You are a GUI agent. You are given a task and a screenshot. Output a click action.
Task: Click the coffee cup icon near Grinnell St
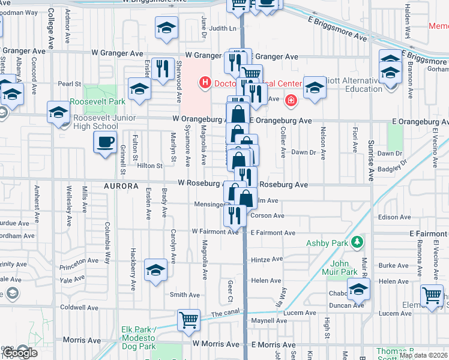(106, 142)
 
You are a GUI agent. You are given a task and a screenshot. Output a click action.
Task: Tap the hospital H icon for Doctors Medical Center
(205, 82)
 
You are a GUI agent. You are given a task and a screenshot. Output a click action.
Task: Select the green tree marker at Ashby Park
(357, 242)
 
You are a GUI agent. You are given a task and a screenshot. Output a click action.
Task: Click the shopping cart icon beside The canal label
(188, 319)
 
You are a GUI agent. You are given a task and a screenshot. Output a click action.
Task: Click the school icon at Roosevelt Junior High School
(59, 112)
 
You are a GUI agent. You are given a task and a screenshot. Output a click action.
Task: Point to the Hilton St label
(150, 166)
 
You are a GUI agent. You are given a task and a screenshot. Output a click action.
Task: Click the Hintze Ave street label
(267, 259)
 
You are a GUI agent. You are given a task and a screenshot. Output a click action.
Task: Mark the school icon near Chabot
(358, 289)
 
